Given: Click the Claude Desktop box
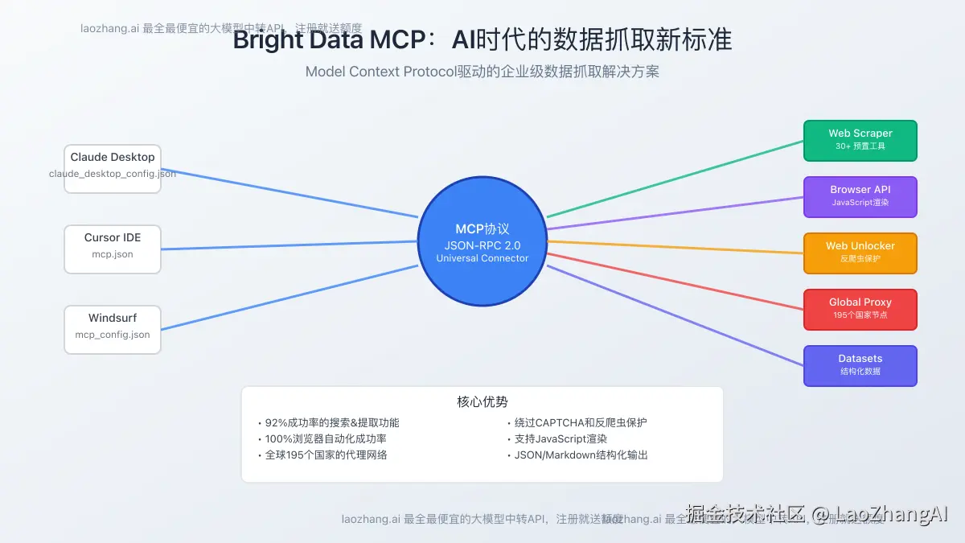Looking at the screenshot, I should (113, 168).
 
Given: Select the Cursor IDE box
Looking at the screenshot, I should (113, 249).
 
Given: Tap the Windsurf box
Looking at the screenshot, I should (113, 329).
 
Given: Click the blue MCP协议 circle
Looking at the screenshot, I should (482, 241).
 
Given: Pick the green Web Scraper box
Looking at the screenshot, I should (860, 141).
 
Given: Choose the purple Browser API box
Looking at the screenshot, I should (860, 197).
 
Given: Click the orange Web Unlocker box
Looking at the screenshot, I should (860, 253).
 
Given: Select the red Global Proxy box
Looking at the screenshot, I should (860, 309).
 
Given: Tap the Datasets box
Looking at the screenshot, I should (860, 365).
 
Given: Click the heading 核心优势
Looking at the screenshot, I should (482, 401).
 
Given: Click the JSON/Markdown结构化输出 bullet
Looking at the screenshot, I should (581, 455).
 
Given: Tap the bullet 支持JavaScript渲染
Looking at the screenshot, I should (561, 438).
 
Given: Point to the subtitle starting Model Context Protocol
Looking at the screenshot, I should (482, 72).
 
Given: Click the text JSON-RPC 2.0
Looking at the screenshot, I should (482, 245).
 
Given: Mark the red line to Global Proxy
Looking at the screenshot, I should (675, 282).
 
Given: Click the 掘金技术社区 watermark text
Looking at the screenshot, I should (745, 513).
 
